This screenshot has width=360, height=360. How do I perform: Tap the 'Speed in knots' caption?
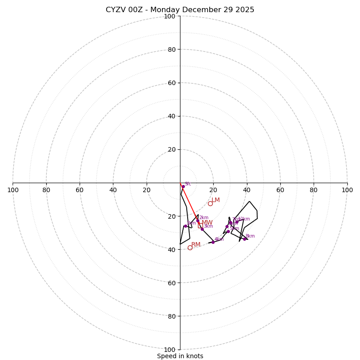click(180, 356)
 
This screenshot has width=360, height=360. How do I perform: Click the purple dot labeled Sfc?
click(183, 186)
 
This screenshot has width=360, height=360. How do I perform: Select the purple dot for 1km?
click(185, 226)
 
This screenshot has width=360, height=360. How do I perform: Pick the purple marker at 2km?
click(198, 220)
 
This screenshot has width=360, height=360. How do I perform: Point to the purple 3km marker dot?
click(202, 229)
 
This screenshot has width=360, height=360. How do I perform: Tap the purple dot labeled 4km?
click(213, 242)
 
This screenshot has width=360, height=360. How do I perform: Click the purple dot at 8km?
click(244, 239)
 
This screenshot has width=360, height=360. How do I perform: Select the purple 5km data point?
click(228, 231)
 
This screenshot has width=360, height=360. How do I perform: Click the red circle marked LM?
click(210, 203)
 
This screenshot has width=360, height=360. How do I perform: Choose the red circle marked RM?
click(190, 247)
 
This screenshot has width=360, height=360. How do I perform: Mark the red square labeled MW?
click(200, 225)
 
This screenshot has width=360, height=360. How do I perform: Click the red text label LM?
click(216, 200)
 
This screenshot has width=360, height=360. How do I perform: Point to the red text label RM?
click(196, 244)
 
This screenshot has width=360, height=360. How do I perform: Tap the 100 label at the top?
click(170, 16)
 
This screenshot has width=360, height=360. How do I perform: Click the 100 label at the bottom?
click(170, 350)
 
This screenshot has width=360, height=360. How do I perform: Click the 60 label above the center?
click(171, 83)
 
